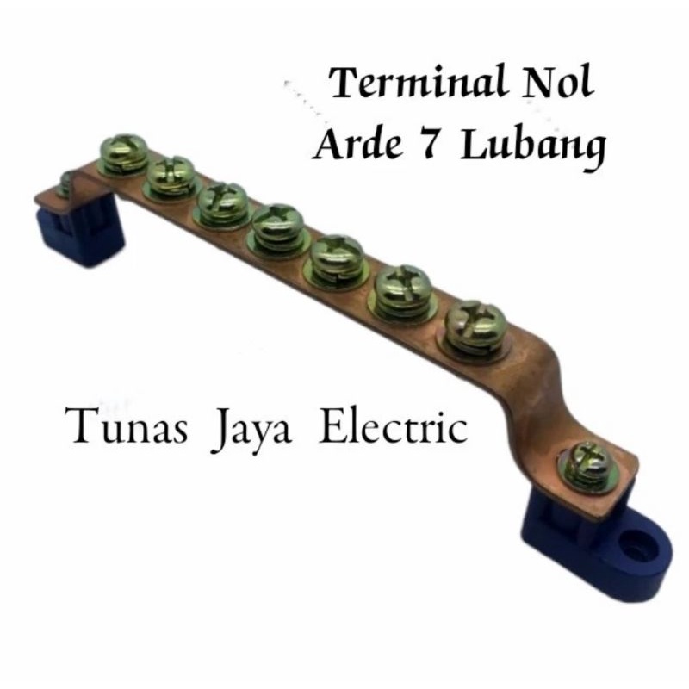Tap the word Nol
point(557,82)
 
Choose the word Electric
point(394,425)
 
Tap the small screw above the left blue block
point(65,183)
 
